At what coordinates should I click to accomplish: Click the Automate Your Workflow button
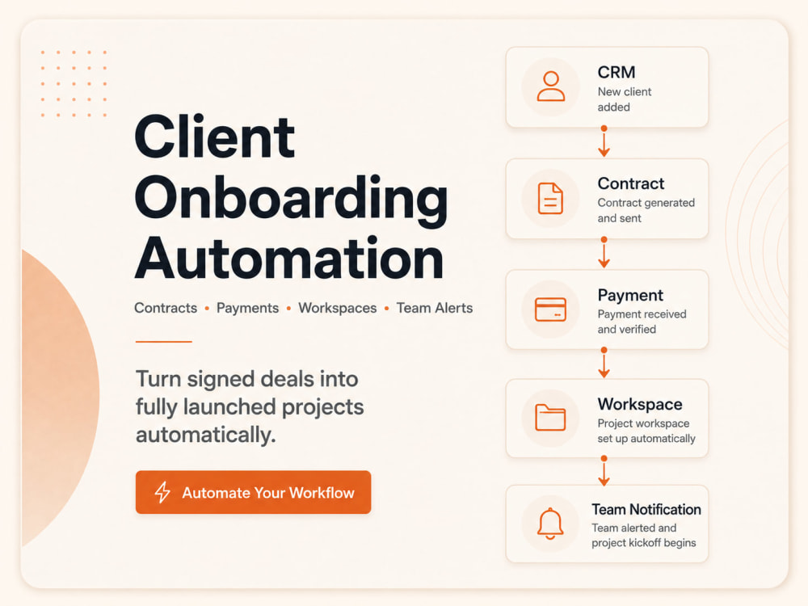[253, 492]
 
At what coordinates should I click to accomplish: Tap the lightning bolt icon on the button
[162, 492]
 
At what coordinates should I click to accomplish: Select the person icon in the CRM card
[551, 86]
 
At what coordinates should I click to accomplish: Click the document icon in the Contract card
[550, 198]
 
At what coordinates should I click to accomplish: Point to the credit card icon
[550, 309]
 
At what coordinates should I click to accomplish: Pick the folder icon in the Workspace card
[550, 417]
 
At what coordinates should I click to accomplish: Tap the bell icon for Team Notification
[550, 524]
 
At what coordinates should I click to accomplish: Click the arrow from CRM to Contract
[604, 141]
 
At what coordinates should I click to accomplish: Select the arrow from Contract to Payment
[604, 252]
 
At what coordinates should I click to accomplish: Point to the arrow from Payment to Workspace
[604, 363]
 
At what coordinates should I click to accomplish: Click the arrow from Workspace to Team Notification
[604, 471]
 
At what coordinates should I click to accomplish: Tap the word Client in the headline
[214, 137]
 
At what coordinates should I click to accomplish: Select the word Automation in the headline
[289, 258]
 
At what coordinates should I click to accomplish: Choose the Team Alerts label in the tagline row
[435, 308]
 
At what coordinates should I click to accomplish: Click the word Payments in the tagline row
[247, 308]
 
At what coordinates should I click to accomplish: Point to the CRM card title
[617, 72]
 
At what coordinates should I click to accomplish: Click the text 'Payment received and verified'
[642, 322]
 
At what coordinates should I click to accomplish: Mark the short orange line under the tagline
[164, 341]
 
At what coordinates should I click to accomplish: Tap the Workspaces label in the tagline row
[338, 308]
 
